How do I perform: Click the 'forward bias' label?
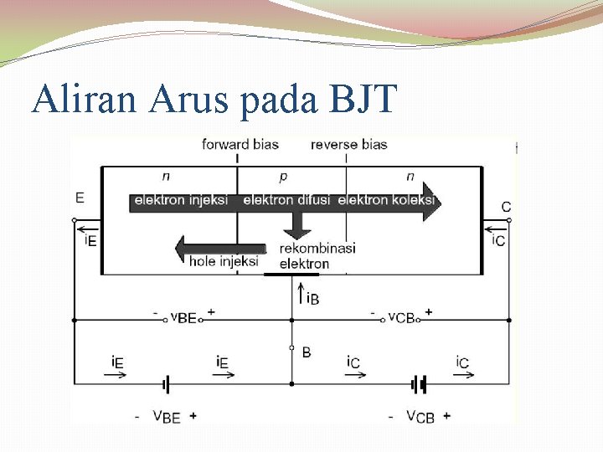(x=240, y=144)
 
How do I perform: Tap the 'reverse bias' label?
(x=348, y=144)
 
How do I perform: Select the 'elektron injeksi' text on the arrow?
(x=181, y=200)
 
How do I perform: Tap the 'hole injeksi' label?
(x=224, y=261)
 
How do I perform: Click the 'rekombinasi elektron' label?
(x=317, y=256)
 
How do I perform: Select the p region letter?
(x=282, y=177)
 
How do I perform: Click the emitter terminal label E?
(x=80, y=198)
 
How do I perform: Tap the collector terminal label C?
(x=506, y=207)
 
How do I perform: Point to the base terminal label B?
(x=306, y=352)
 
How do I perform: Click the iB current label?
(x=312, y=298)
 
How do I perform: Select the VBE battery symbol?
(x=167, y=384)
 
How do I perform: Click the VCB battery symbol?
(x=419, y=384)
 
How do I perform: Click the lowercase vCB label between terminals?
(x=402, y=316)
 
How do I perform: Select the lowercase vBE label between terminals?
(x=183, y=316)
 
